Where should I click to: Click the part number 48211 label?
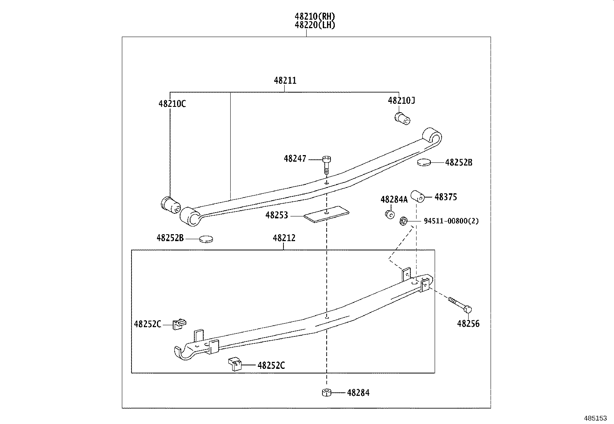[x=285, y=81]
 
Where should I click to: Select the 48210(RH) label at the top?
[x=315, y=16]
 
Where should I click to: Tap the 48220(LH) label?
[x=315, y=25]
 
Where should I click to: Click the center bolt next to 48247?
[x=327, y=164]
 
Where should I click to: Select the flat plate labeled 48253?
[x=326, y=213]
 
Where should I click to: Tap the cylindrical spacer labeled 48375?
[x=417, y=196]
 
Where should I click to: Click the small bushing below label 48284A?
[x=389, y=214]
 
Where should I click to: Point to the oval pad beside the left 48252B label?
[x=206, y=239]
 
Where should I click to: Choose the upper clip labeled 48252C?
[x=179, y=323]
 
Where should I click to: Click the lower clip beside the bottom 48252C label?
[x=235, y=364]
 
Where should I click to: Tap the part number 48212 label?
[x=284, y=238]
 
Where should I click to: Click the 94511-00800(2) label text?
[x=451, y=221]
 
